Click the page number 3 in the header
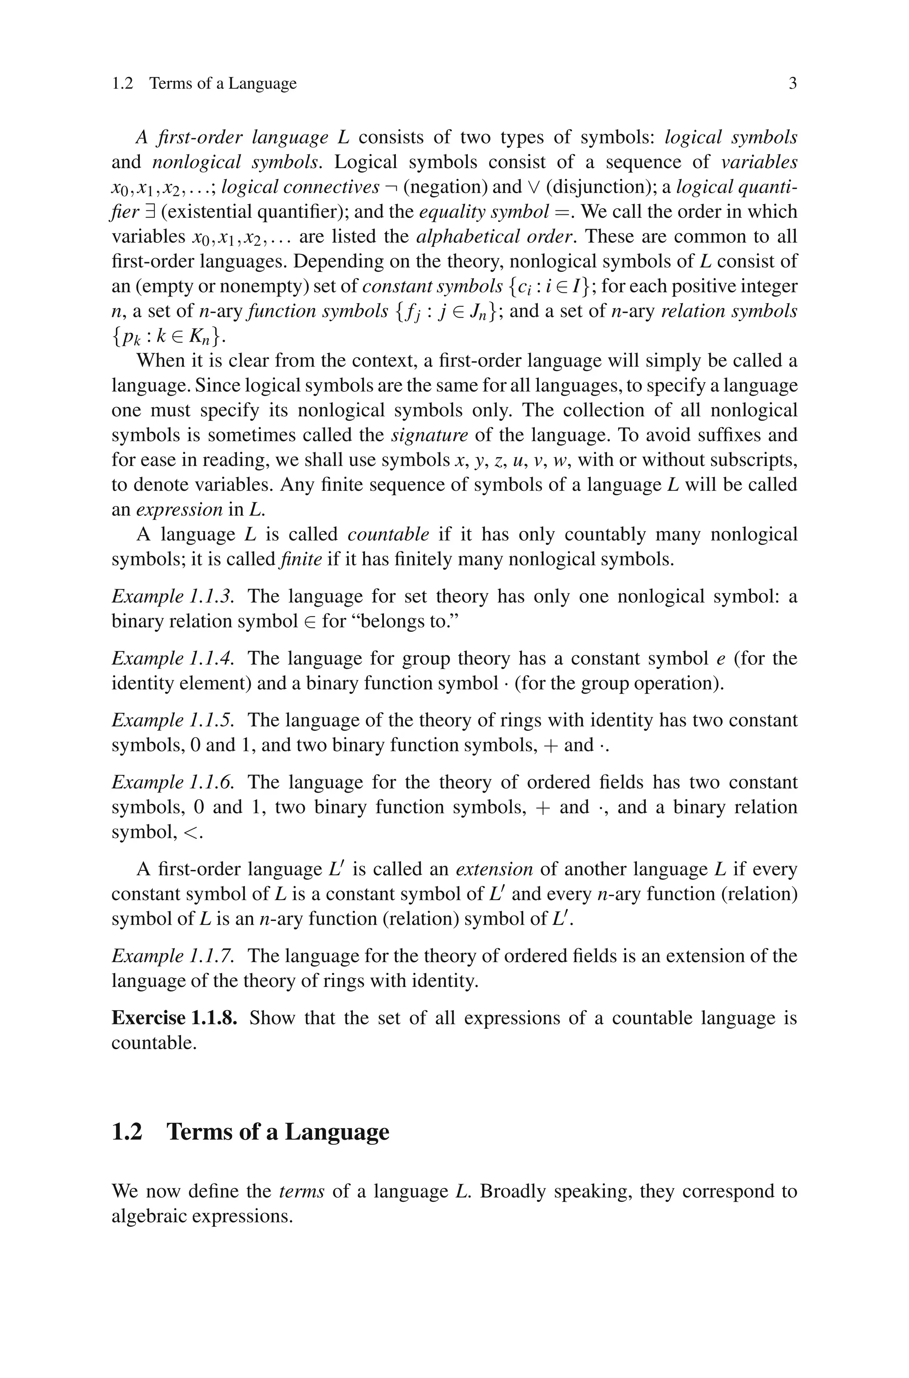(792, 84)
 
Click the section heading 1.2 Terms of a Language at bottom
(250, 1132)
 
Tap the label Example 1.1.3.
(173, 596)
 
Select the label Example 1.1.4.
(173, 658)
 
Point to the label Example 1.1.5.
(173, 720)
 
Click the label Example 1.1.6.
(173, 782)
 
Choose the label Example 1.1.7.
(173, 956)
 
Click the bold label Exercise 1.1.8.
(174, 1018)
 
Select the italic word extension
(494, 869)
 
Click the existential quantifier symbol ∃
(150, 212)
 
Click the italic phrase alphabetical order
(496, 237)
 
